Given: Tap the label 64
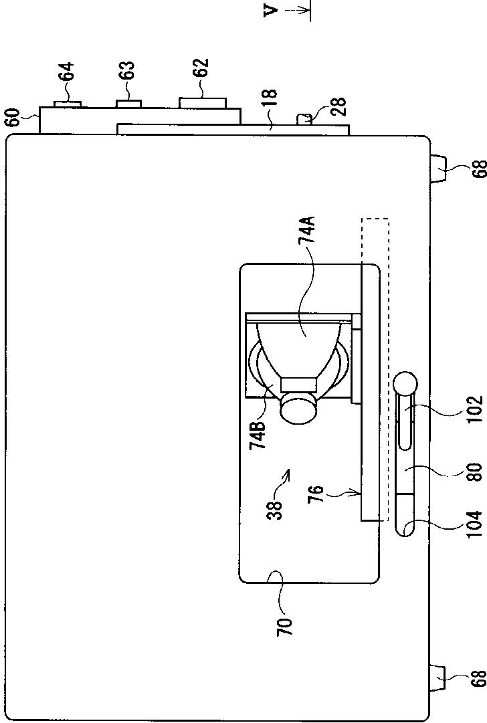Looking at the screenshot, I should [66, 73].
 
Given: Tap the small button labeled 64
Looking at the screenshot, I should [67, 103].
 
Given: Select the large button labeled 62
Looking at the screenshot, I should [202, 102].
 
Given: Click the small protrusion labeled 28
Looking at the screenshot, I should [305, 119].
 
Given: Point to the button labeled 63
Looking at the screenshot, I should [128, 103].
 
